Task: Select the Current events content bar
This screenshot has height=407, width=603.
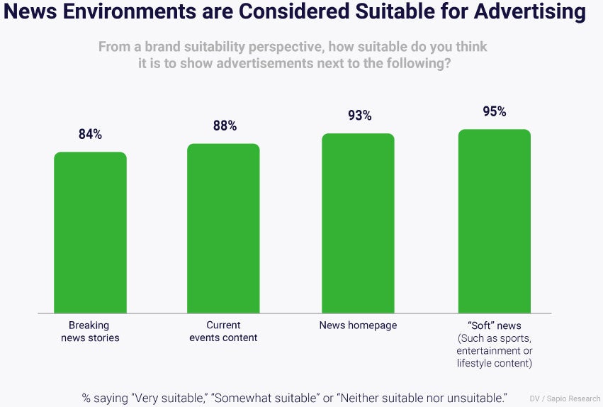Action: tap(223, 228)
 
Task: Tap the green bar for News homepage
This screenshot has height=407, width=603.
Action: tap(358, 223)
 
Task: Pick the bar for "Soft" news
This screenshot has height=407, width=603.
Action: tap(494, 221)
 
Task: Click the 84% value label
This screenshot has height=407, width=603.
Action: tap(90, 135)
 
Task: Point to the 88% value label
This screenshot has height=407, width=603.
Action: tap(225, 126)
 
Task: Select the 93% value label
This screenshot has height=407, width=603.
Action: tap(359, 116)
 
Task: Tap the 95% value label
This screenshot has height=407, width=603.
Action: tap(494, 111)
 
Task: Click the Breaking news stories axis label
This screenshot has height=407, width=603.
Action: tap(89, 332)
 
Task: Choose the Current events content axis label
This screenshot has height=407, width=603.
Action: tap(223, 332)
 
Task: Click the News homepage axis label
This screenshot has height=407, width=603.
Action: tap(358, 325)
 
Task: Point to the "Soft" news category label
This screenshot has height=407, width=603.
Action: tap(494, 325)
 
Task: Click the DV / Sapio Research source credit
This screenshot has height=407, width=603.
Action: tap(565, 398)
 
